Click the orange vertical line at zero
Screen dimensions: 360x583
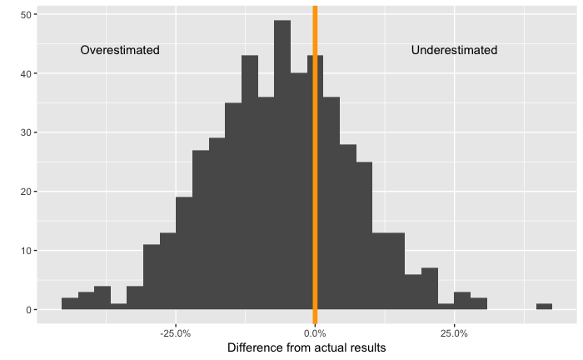(315, 167)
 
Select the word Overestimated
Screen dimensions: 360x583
(120, 50)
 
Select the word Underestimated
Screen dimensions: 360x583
(454, 50)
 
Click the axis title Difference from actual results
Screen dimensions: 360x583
(306, 347)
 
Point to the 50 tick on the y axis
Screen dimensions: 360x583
(27, 15)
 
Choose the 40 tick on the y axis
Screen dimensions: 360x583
(27, 74)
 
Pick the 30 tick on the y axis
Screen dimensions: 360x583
(27, 132)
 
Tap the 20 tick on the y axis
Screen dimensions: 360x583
(27, 192)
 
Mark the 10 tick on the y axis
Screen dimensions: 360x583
(27, 251)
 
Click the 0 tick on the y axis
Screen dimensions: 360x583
(30, 310)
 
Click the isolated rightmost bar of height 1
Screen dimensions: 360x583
(544, 307)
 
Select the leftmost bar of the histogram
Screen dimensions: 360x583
(70, 304)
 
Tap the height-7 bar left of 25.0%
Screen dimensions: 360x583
(430, 289)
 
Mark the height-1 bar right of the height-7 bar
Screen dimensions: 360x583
(446, 307)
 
